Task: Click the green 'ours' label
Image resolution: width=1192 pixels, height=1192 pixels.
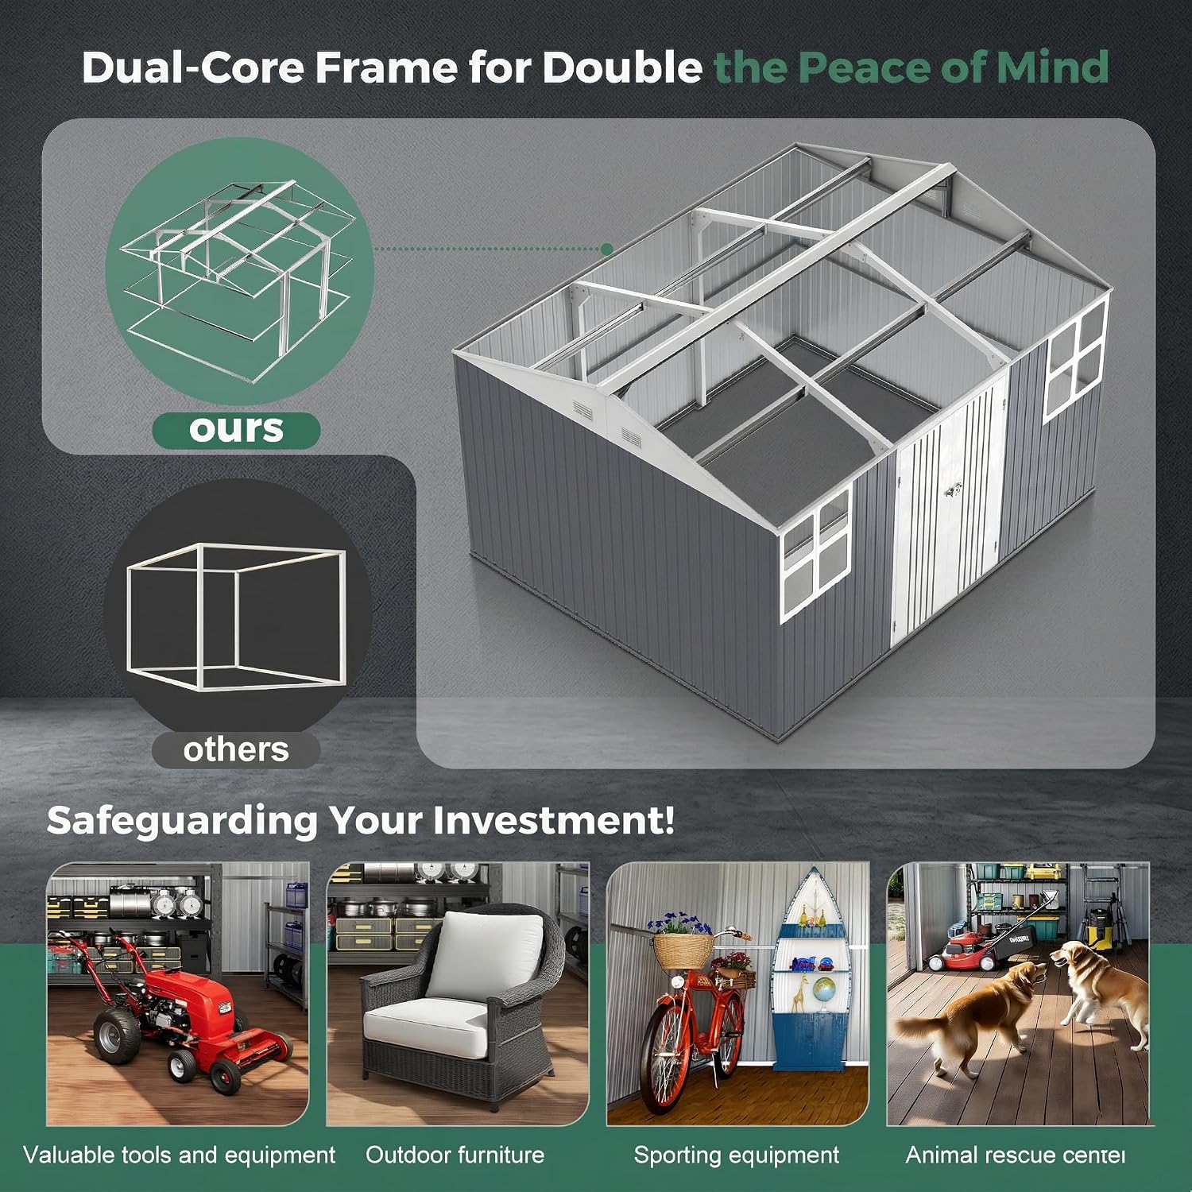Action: point(236,430)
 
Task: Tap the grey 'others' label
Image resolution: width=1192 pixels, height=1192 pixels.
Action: point(236,749)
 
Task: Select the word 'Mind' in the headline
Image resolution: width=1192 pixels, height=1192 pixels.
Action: point(1053,67)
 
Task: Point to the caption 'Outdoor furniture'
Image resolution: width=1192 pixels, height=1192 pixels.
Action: point(455,1155)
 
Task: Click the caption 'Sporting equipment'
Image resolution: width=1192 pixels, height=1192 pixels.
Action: point(737,1155)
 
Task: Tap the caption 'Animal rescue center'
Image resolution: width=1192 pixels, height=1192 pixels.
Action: point(1016,1155)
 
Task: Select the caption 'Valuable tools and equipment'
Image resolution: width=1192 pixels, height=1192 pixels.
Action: point(180,1155)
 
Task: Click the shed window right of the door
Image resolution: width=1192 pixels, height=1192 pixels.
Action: point(1076,359)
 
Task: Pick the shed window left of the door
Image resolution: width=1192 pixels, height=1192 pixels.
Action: point(816,553)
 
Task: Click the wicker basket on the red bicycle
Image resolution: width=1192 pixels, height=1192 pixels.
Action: point(683,950)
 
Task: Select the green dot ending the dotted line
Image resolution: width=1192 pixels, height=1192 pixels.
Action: point(607,249)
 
